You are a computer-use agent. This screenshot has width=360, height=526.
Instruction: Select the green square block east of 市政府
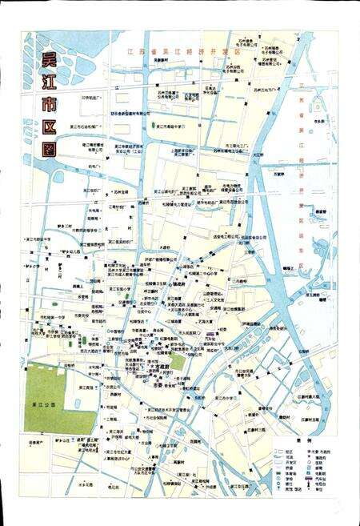click(177, 361)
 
